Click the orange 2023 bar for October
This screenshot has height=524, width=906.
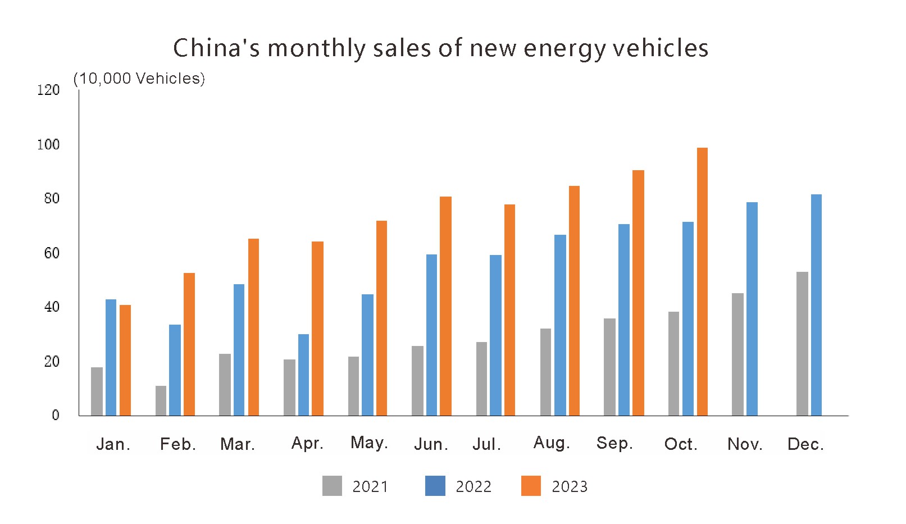point(702,281)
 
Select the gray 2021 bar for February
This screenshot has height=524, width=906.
point(161,400)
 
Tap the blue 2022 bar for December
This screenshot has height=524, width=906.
point(816,305)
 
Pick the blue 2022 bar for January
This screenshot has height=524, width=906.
point(111,357)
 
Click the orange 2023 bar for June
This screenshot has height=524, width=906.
point(445,306)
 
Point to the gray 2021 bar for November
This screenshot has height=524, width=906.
point(737,354)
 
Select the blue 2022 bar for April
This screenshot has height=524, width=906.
point(303,375)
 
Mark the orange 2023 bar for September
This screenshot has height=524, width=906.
point(638,293)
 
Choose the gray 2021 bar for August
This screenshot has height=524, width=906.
point(545,372)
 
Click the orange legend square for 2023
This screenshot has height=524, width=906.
point(531,486)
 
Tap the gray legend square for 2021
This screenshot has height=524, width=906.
point(332,486)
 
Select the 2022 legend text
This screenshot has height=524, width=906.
point(474,486)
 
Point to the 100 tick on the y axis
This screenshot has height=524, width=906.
point(48,145)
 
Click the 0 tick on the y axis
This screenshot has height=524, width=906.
point(55,415)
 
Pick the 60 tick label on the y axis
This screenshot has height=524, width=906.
point(52,253)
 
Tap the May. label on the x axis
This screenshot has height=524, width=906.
point(369,443)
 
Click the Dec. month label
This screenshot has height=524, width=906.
point(805,444)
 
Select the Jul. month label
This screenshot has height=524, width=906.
point(486,444)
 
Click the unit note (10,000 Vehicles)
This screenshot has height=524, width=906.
point(139,79)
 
